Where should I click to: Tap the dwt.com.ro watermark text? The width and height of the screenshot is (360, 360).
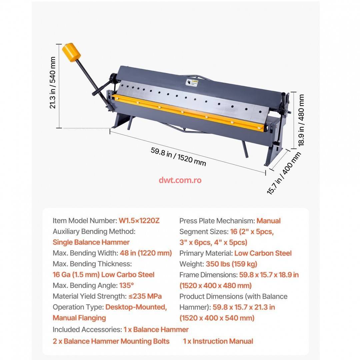coord(180,180)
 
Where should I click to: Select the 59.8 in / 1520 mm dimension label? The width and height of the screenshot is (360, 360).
coord(178,157)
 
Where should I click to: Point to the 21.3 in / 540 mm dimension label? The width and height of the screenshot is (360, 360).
coord(53,82)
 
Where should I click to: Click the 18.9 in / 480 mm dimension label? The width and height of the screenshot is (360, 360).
coord(301,120)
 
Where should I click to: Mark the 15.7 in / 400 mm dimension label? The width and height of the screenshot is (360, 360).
coord(284,173)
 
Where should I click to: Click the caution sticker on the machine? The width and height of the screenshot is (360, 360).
coord(192,83)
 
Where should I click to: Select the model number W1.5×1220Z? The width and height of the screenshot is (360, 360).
coord(139,221)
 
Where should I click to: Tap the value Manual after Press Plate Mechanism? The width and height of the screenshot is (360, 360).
coord(268,221)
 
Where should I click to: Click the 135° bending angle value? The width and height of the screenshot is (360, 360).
coord(127,285)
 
